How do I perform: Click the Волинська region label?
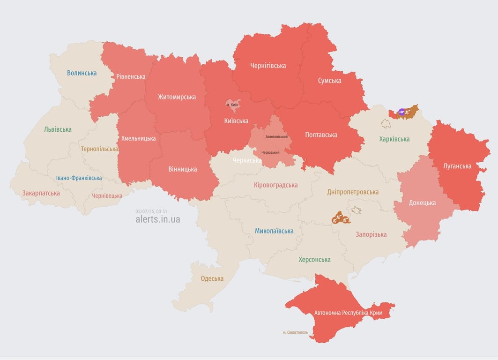pos(82,73)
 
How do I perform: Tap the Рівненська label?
pos(131,76)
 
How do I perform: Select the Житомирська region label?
pos(177,97)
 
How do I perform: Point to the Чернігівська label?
pos(268,66)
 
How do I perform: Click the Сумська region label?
pos(329,81)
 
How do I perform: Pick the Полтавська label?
pos(321,135)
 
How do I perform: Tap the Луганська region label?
pos(457,166)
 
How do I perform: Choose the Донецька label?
pos(422,202)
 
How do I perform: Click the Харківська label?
pos(394,139)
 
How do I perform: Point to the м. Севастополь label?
pos(295,332)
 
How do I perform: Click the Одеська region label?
pos(212,278)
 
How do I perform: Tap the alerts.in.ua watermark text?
pos(157,219)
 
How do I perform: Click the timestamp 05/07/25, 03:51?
pos(151,211)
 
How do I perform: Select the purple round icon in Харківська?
pos(401,112)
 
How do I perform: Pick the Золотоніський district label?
pos(276,136)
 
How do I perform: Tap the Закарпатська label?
pos(41,193)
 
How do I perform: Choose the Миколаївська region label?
pos(274,231)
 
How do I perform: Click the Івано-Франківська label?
pos(79,178)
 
